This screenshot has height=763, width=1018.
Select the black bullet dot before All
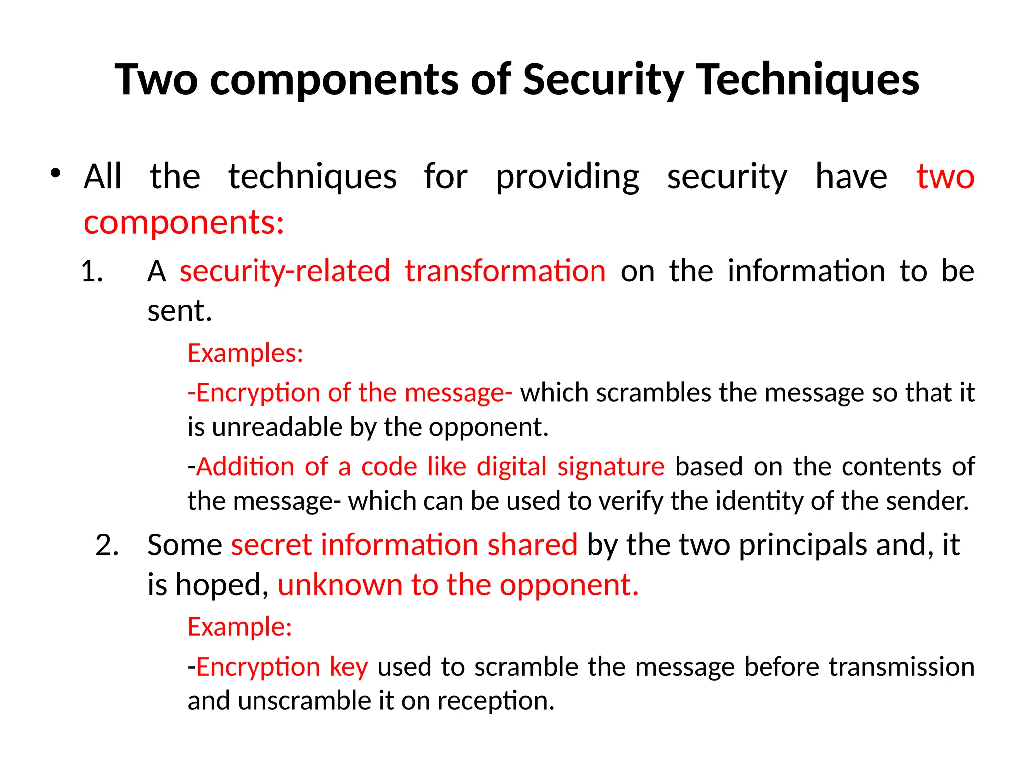tap(55, 173)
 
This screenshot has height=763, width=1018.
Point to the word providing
tap(567, 177)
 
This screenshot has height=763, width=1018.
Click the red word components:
tap(184, 222)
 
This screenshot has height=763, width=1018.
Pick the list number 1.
tap(92, 271)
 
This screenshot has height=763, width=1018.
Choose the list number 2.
tap(107, 545)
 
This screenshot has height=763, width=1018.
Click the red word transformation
tap(505, 271)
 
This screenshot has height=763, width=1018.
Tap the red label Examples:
tap(246, 353)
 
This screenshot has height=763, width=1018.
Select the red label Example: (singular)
tap(240, 627)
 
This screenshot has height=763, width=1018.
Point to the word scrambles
tap(654, 392)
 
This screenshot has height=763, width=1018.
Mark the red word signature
tap(610, 467)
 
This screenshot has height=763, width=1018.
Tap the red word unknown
tap(339, 585)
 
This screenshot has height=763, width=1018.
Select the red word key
tap(348, 667)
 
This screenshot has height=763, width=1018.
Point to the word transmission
tap(901, 667)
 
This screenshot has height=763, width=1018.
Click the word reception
tap(496, 701)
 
